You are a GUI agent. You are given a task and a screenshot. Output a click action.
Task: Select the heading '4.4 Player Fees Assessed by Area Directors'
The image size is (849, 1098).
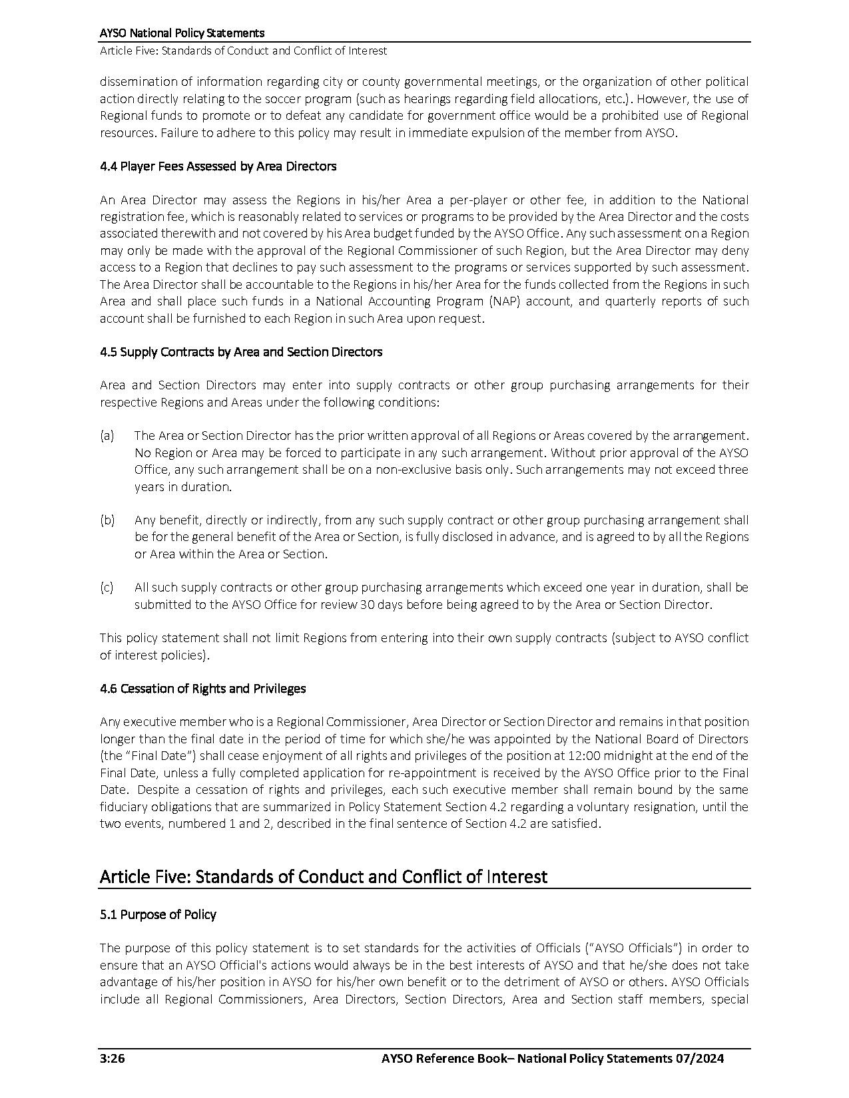coord(218,166)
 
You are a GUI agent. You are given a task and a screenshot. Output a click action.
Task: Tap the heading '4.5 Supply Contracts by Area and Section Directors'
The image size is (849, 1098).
coord(241,352)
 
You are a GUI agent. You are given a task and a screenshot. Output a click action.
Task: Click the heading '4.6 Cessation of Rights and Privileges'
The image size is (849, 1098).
coord(202,689)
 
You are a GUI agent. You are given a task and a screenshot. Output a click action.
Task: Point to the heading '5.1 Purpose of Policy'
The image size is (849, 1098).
coord(158,915)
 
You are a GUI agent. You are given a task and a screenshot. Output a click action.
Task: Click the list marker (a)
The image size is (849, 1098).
coord(107,436)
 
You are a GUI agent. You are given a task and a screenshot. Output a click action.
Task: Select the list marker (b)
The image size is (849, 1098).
coord(107,520)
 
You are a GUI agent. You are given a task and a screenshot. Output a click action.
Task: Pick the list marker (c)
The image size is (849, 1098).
coord(107,588)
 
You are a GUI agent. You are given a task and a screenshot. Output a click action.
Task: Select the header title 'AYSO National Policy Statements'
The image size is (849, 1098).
coord(182,33)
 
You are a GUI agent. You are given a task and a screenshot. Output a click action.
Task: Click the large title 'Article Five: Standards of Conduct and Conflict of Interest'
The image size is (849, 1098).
coord(323,876)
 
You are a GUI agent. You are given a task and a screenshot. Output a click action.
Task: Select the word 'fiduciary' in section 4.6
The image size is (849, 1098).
coord(123,807)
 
